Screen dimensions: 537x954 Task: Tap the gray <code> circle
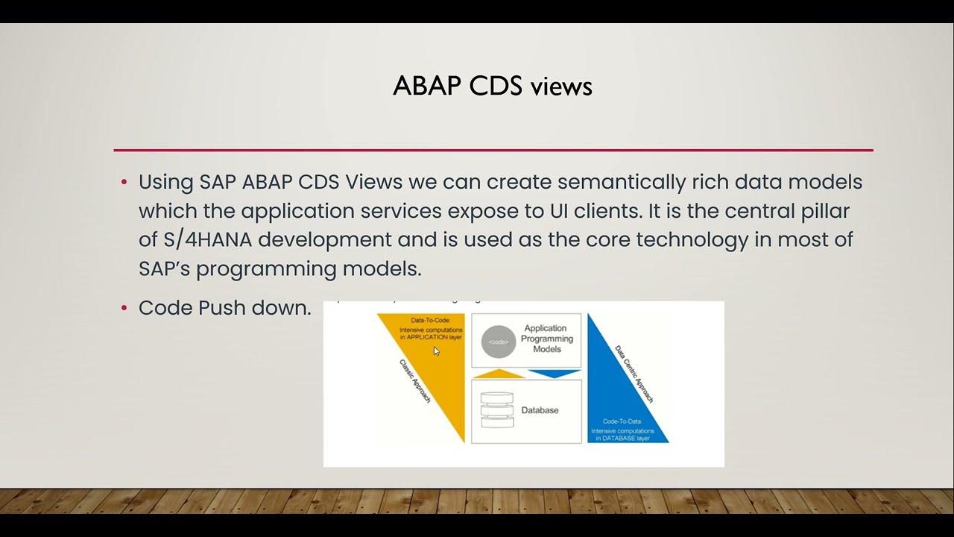(498, 342)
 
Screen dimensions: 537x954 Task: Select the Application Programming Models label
(547, 339)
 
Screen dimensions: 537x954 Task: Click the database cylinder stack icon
(497, 410)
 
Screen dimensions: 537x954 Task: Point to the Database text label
(540, 410)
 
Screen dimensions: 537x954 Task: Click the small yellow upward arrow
(499, 374)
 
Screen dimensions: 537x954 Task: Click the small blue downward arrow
(554, 374)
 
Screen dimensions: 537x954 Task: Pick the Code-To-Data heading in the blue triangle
(622, 421)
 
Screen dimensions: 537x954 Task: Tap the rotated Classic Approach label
(415, 381)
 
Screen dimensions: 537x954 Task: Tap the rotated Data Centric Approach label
(634, 374)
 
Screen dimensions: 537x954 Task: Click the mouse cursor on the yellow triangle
(436, 351)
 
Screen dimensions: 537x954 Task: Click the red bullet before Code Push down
(124, 309)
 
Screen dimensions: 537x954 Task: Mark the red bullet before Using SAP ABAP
(124, 183)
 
